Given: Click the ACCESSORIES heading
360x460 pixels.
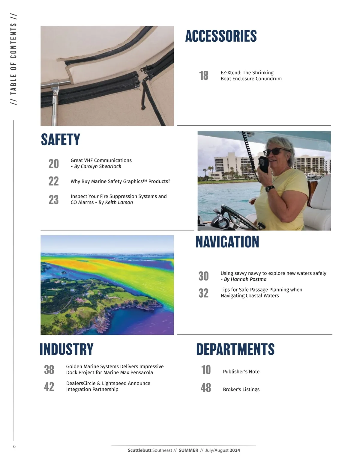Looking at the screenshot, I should point(221,36).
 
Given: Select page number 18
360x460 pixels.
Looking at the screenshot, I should point(204,76).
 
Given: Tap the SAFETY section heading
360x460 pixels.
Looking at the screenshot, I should point(61,140).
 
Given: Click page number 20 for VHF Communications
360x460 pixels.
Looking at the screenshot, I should point(54,164).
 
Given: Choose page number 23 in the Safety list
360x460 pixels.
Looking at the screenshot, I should point(54,200).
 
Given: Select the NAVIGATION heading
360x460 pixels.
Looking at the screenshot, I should point(227,242).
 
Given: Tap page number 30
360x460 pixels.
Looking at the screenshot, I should point(203,276).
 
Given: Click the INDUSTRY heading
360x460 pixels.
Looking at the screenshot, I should point(66,349).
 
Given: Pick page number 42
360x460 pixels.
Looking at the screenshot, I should point(49,387).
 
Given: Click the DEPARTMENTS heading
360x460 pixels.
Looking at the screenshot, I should point(235,349).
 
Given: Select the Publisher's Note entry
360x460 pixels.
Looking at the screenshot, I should point(241,372).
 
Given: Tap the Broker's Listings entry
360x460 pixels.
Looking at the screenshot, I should point(241,390).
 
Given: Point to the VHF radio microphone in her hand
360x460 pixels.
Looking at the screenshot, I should point(264,164).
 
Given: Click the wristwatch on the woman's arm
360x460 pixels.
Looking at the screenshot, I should point(270,188).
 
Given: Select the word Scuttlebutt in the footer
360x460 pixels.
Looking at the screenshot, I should point(139,450).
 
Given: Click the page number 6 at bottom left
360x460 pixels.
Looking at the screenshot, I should point(14,447).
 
